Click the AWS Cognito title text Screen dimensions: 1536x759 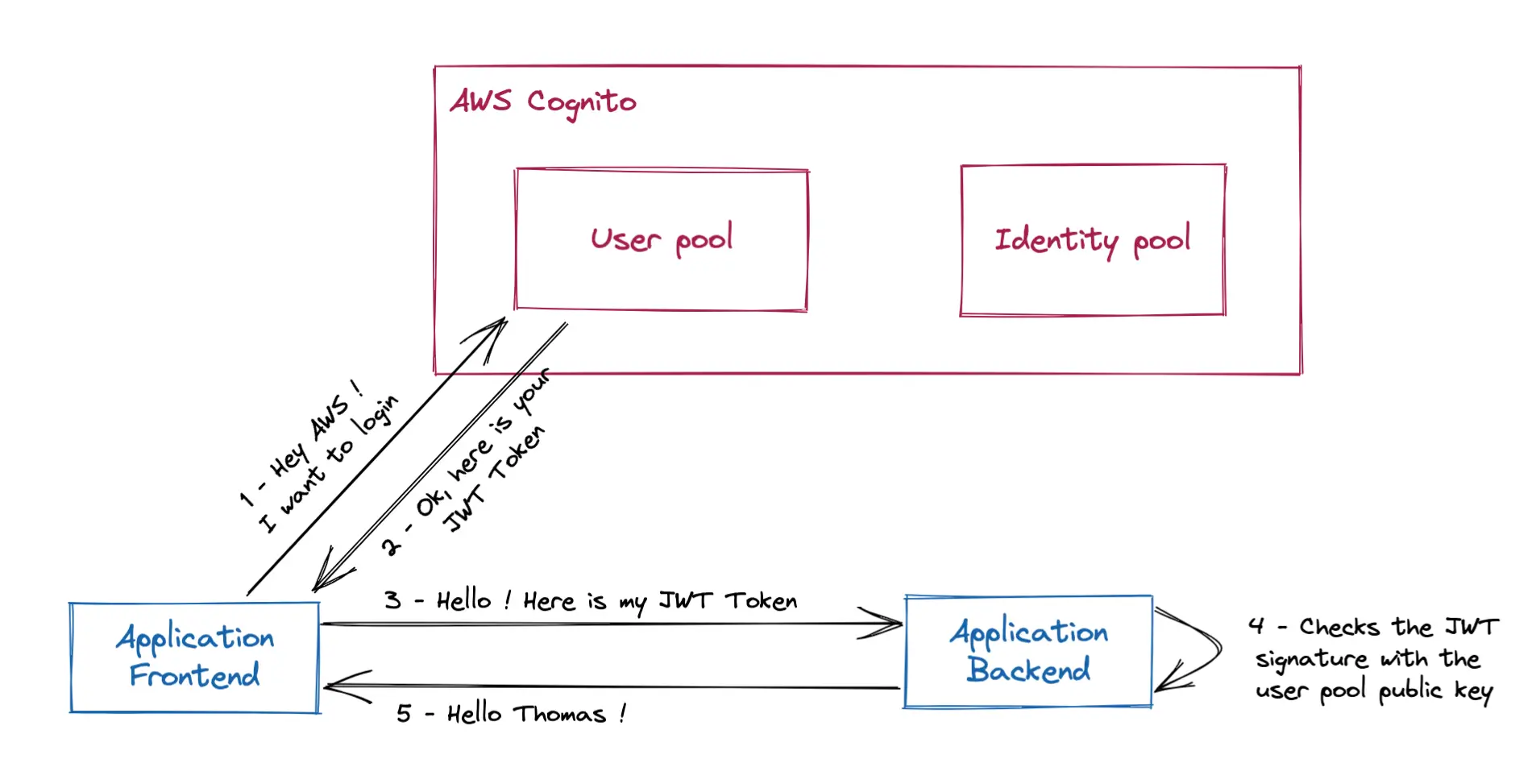542,102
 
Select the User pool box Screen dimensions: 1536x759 661,239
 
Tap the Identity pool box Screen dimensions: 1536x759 1092,240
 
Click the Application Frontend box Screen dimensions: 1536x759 194,657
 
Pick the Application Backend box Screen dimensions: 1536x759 1028,651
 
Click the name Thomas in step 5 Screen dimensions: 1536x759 559,714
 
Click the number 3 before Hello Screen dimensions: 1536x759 392,600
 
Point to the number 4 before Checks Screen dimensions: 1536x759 1256,625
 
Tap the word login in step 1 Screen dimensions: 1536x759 377,416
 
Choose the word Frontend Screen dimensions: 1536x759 194,675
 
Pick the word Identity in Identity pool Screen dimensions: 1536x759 1056,240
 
